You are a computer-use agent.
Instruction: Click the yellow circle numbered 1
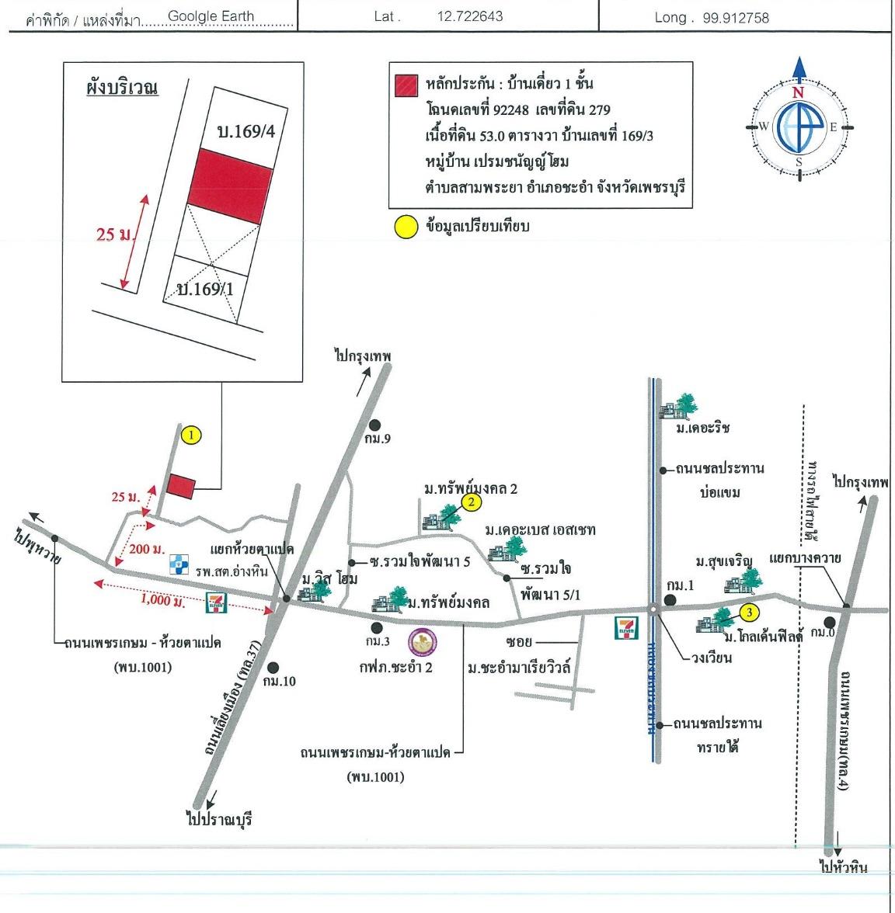click(x=191, y=436)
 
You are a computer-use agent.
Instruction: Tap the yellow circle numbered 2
click(x=471, y=502)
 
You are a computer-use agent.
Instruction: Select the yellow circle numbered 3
click(x=748, y=613)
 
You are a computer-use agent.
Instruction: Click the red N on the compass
click(x=798, y=92)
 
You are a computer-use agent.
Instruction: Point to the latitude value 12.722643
click(x=470, y=16)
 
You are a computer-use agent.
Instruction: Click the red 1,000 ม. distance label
click(x=162, y=600)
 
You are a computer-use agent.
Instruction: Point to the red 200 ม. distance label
click(x=147, y=550)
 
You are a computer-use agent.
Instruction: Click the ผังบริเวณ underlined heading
click(x=122, y=87)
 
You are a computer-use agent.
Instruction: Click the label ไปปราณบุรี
click(x=220, y=819)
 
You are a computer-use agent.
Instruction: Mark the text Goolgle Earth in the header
click(x=211, y=16)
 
